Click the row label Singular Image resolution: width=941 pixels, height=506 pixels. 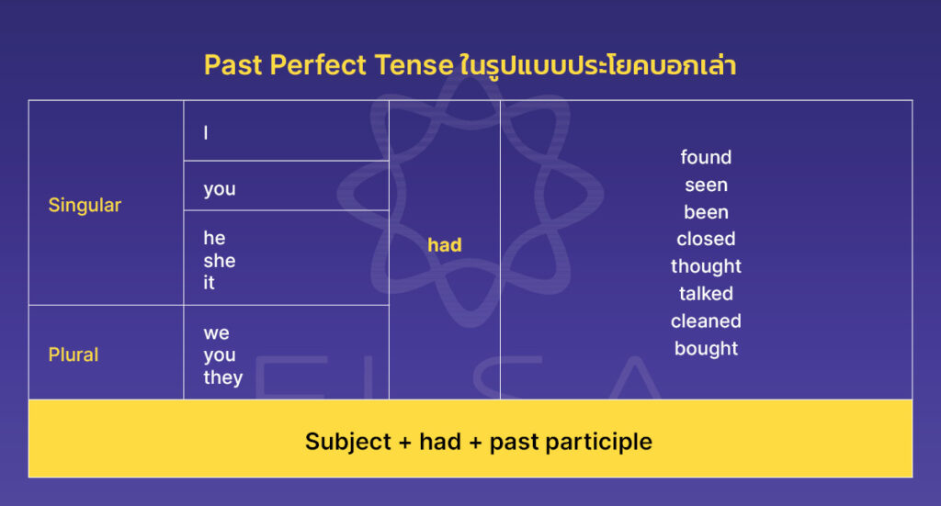coord(85,205)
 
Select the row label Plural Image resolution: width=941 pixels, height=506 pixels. coord(74,354)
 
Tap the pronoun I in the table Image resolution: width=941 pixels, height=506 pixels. coord(206,133)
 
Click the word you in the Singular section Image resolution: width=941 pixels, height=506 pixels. coord(220,189)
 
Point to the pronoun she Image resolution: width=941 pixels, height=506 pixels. coord(220,261)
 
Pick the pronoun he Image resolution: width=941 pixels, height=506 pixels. coord(214,239)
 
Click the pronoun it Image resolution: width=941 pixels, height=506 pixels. coord(209,283)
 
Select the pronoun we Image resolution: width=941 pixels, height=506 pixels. coord(217,332)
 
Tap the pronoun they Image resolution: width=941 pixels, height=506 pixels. coord(223,377)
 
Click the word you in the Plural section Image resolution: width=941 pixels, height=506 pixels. coord(220,355)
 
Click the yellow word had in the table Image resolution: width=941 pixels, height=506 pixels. coord(445,245)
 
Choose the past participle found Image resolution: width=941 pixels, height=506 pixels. coord(706,157)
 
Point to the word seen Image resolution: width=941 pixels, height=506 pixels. coord(706,185)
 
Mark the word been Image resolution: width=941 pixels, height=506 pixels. coord(706,212)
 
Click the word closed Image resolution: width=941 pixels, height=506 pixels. coord(706,239)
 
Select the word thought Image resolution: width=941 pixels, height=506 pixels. coord(706,266)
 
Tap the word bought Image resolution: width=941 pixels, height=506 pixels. coord(706,348)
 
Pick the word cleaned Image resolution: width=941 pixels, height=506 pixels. coord(706,321)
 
